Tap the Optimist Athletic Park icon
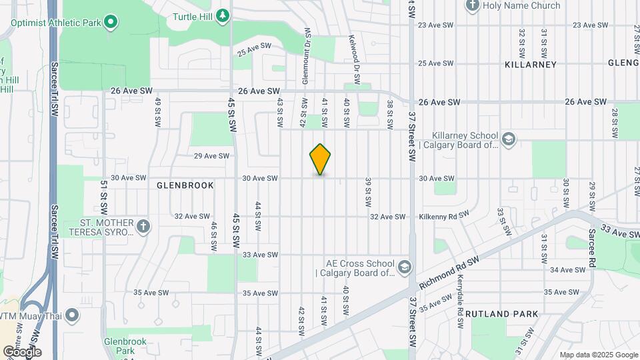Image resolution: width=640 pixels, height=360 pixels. coord(111,22)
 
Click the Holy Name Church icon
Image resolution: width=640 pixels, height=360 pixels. coord(473,6)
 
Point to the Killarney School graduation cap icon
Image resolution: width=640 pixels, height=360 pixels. coord(509,139)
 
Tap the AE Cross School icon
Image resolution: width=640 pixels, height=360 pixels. coord(403,267)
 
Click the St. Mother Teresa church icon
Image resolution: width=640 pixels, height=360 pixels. coord(142,227)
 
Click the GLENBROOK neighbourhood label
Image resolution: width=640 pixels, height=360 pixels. coord(185,185)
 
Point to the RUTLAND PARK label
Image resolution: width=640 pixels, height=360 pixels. coord(501,313)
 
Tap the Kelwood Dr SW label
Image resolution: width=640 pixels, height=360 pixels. coord(354,60)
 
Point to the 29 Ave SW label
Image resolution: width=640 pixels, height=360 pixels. coord(211,156)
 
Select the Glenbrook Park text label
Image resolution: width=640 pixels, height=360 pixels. coord(120,345)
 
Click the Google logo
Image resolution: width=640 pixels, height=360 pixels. coord(22,351)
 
